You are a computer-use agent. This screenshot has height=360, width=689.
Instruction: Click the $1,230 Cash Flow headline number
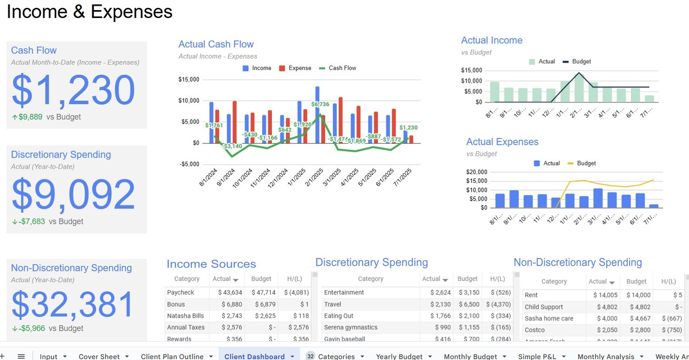tap(73, 90)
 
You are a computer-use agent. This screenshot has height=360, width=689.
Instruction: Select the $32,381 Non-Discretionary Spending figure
tap(73, 305)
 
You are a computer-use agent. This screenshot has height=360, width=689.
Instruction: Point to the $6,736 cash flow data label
tap(321, 104)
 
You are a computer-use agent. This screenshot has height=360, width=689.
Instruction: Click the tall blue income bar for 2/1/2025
tap(317, 114)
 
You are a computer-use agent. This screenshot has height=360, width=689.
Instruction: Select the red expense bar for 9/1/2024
tap(235, 122)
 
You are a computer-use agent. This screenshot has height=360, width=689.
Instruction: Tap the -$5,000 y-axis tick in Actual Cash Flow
tap(189, 164)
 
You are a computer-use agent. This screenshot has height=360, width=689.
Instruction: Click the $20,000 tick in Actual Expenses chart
tap(478, 172)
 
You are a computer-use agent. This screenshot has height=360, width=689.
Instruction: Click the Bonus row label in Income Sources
tap(176, 304)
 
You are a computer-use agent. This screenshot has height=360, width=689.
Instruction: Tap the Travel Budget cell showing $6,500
tap(468, 304)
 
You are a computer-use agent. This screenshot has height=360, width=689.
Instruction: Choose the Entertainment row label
tap(344, 292)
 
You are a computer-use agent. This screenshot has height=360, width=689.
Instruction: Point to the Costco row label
tap(535, 330)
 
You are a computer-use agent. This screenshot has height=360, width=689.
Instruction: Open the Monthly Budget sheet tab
tap(470, 356)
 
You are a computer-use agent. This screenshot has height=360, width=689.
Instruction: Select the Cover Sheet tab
tap(99, 356)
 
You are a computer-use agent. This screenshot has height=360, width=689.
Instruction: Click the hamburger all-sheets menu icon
tap(21, 356)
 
